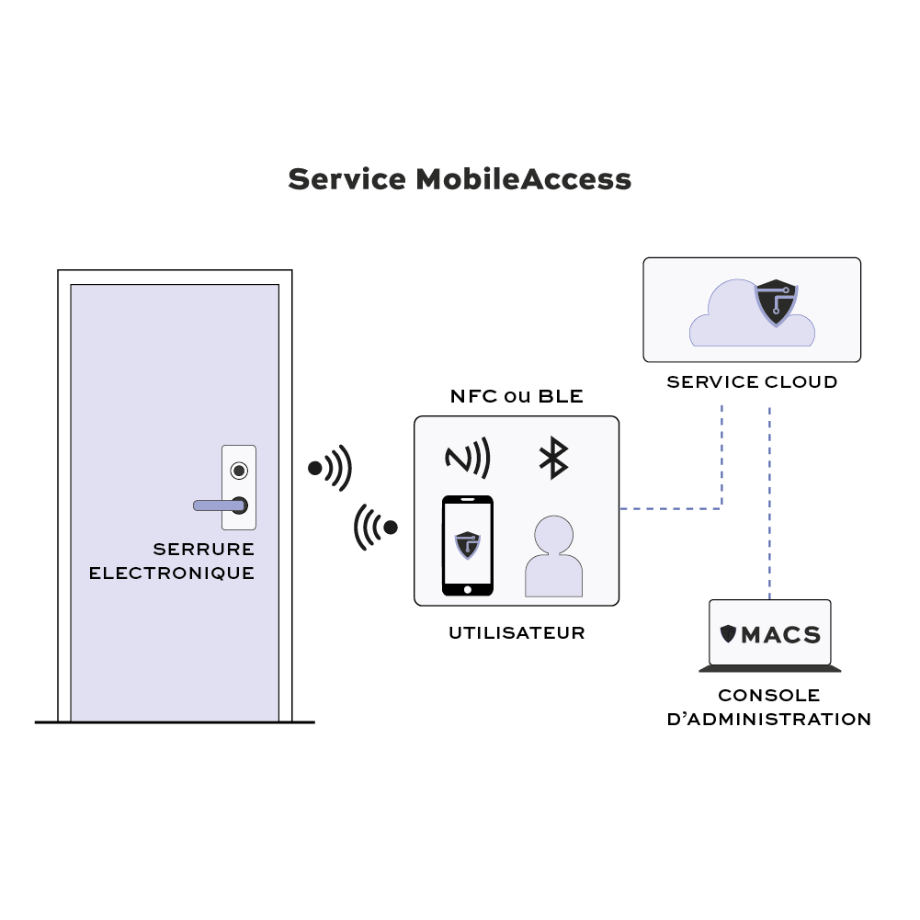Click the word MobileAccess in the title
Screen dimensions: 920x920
click(523, 178)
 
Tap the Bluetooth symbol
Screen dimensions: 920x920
click(552, 458)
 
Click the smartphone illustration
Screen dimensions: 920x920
click(468, 546)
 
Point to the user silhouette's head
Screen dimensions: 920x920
click(553, 534)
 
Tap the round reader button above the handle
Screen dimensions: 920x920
click(239, 471)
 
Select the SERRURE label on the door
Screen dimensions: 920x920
click(203, 550)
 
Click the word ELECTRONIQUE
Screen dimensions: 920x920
click(171, 574)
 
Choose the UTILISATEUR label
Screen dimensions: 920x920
click(517, 633)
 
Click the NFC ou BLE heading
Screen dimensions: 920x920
click(517, 397)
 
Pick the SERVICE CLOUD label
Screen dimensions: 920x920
click(752, 381)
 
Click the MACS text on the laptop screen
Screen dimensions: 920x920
click(781, 634)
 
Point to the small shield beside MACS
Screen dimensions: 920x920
click(729, 634)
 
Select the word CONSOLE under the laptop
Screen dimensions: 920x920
click(769, 696)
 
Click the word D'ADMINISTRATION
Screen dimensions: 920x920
click(769, 720)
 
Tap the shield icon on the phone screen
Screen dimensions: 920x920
click(468, 544)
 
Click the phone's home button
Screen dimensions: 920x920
click(468, 589)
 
